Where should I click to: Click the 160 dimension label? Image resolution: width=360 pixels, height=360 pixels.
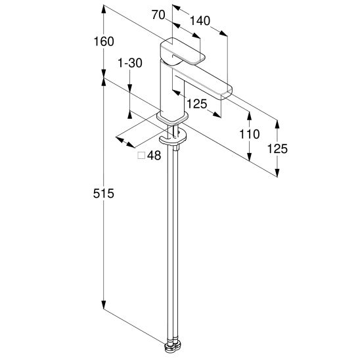coord(104,42)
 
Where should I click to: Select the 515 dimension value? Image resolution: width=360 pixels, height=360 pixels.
coord(104,193)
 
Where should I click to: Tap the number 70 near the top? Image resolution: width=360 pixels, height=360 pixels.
coord(158,15)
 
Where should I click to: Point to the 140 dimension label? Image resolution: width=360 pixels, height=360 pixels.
coord(200,21)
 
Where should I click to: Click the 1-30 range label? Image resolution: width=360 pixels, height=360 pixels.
coord(130,63)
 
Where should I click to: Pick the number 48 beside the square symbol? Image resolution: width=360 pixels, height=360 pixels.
coord(154,156)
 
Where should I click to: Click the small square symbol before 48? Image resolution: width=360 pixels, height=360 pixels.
coord(141,156)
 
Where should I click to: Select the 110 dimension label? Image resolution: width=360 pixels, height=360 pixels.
coord(250,134)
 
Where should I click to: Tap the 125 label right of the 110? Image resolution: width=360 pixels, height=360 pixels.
coord(277,148)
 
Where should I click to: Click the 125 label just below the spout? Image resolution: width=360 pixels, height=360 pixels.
coord(197,104)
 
